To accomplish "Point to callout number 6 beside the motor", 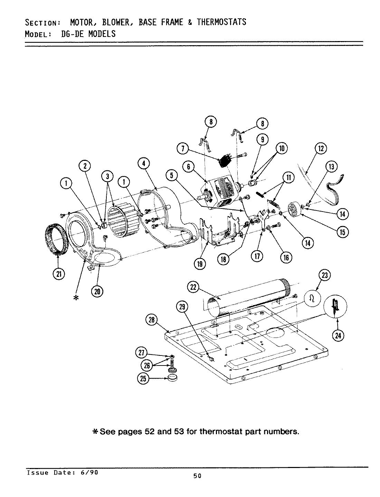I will [188, 167].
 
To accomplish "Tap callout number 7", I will [182, 149].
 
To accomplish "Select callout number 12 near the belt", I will [321, 148].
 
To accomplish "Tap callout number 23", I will [325, 275].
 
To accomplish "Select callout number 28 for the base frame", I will [152, 321].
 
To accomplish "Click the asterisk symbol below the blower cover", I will [76, 298].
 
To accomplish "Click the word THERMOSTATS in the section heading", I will [221, 22].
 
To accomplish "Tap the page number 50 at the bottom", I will [197, 476].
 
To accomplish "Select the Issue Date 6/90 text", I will [62, 472].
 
